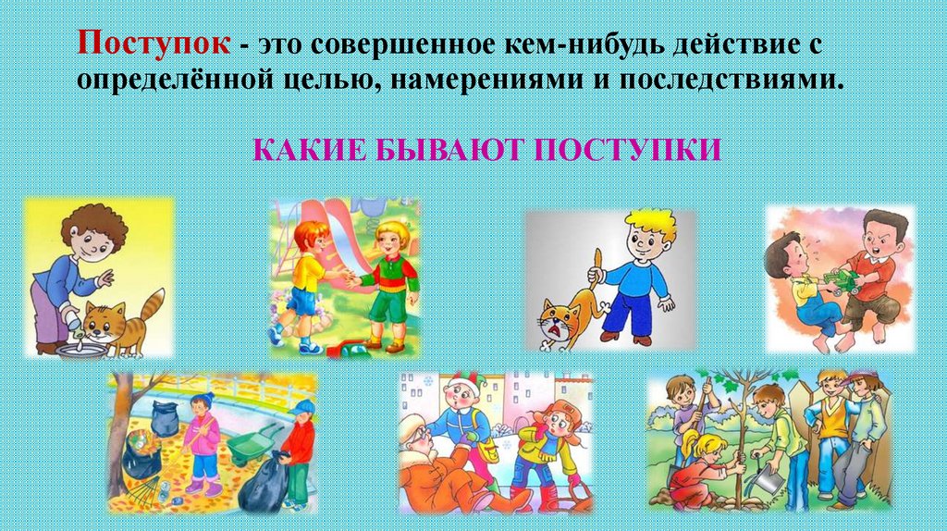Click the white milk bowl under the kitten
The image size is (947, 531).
pyautogui.click(x=78, y=350)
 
